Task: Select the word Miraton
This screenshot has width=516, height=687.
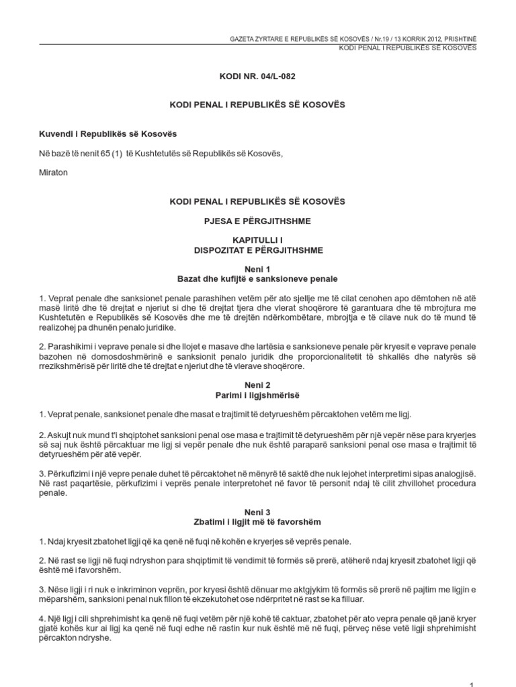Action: pos(54,172)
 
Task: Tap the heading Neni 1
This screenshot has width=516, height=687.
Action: pos(258,268)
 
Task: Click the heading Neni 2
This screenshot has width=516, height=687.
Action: pos(258,387)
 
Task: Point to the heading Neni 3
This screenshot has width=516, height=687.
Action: pos(258,511)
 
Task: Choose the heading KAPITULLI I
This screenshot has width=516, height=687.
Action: pos(258,240)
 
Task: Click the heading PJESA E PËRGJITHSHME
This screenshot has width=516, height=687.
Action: pos(258,221)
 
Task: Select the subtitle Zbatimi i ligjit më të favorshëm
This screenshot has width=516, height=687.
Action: pos(258,521)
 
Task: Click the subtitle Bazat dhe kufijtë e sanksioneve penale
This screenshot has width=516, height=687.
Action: pos(258,278)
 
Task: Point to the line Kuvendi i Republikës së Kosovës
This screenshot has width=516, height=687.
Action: pos(107,134)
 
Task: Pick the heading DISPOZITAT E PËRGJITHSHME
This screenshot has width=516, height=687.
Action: pos(258,250)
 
